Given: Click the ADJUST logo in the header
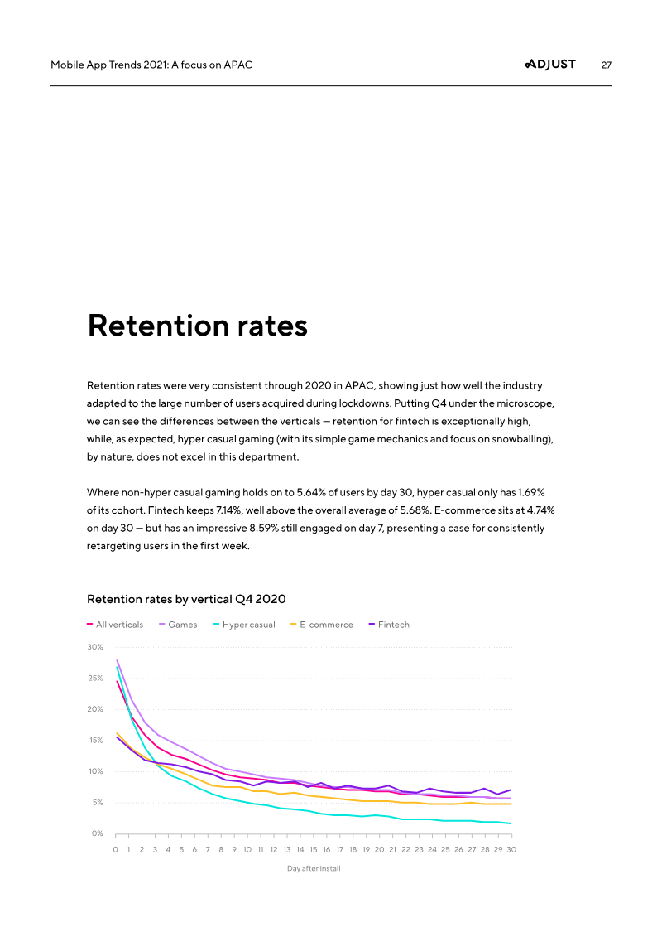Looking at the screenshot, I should pyautogui.click(x=550, y=65).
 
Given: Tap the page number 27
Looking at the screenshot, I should pyautogui.click(x=606, y=65).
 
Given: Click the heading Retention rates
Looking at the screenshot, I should pyautogui.click(x=198, y=326).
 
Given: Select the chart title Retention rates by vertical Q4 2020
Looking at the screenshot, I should pyautogui.click(x=186, y=598).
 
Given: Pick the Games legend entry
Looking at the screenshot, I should pyautogui.click(x=182, y=625).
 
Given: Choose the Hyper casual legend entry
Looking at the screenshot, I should pyautogui.click(x=248, y=625).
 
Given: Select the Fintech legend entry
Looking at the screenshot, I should pyautogui.click(x=393, y=625).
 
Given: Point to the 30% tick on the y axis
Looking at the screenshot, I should pyautogui.click(x=95, y=647).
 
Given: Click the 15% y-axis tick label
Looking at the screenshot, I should pyautogui.click(x=95, y=741).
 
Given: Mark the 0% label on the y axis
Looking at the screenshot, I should pyautogui.click(x=97, y=833).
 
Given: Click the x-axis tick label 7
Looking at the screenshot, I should pyautogui.click(x=208, y=850).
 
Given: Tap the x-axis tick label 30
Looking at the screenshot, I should pyautogui.click(x=511, y=850).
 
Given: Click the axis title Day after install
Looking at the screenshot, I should pyautogui.click(x=314, y=868).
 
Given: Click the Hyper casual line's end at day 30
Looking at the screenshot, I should pyautogui.click(x=511, y=823).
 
